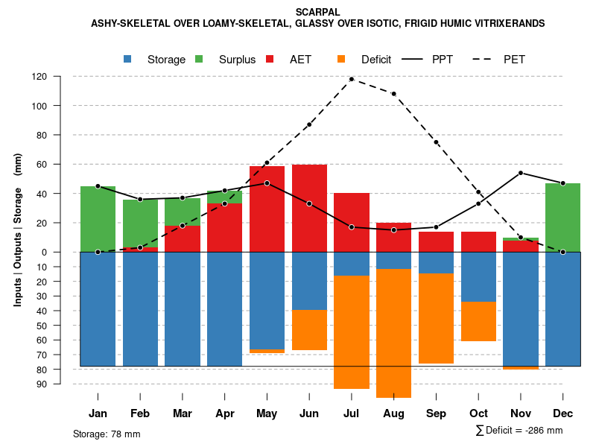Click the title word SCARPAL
pyautogui.click(x=317, y=12)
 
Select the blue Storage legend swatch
pyautogui.click(x=128, y=59)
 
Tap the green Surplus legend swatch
pyautogui.click(x=200, y=59)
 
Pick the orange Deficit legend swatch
pyautogui.click(x=342, y=59)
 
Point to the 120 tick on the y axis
pyautogui.click(x=60, y=77)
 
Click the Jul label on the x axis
pyautogui.click(x=351, y=413)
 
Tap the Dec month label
pyautogui.click(x=562, y=413)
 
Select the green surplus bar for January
pyautogui.click(x=98, y=219)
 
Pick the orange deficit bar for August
pyautogui.click(x=393, y=334)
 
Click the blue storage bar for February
pyautogui.click(x=140, y=309)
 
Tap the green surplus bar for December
pyautogui.click(x=562, y=218)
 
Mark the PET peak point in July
pyautogui.click(x=352, y=79)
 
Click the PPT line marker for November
pyautogui.click(x=521, y=173)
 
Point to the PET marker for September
pyautogui.click(x=436, y=142)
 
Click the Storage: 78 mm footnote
pyautogui.click(x=107, y=434)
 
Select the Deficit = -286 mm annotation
pyautogui.click(x=519, y=431)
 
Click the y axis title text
pyautogui.click(x=18, y=229)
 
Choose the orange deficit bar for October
pyautogui.click(x=478, y=321)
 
